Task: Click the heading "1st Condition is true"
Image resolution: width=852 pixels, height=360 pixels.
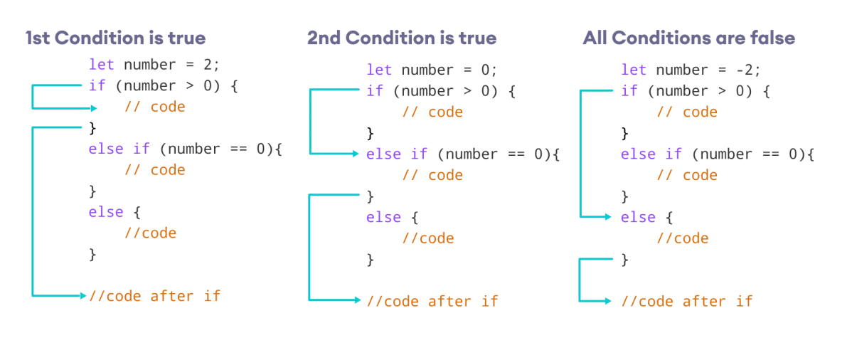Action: pyautogui.click(x=115, y=38)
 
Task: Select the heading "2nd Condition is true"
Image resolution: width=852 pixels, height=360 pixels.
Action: pyautogui.click(x=402, y=38)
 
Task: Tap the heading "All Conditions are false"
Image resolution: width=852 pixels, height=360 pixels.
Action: pyautogui.click(x=688, y=38)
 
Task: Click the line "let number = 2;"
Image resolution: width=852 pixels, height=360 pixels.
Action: pyautogui.click(x=154, y=65)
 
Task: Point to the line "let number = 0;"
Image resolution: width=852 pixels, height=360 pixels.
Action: pyautogui.click(x=432, y=70)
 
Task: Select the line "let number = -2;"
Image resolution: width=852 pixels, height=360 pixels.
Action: pyautogui.click(x=691, y=70)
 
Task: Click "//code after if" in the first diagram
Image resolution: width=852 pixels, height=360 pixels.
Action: pyautogui.click(x=155, y=296)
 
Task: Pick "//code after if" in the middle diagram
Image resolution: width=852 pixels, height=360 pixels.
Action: pyautogui.click(x=432, y=301)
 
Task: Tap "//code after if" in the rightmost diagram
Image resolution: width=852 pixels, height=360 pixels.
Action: pyautogui.click(x=686, y=301)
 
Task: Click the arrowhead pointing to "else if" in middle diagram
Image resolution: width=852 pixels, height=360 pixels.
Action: pyautogui.click(x=356, y=154)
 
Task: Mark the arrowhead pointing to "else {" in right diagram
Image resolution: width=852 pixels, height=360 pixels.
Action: pyautogui.click(x=608, y=217)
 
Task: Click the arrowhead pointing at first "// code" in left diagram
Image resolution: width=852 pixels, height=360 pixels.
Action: pyautogui.click(x=94, y=108)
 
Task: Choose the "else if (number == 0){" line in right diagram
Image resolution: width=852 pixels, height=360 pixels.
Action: pyautogui.click(x=717, y=154)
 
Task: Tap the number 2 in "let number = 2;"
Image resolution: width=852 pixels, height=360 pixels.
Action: pyautogui.click(x=208, y=65)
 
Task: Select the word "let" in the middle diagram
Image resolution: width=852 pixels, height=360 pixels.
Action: pyautogui.click(x=379, y=70)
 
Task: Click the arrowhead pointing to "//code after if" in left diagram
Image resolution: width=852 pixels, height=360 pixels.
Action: pyautogui.click(x=83, y=295)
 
